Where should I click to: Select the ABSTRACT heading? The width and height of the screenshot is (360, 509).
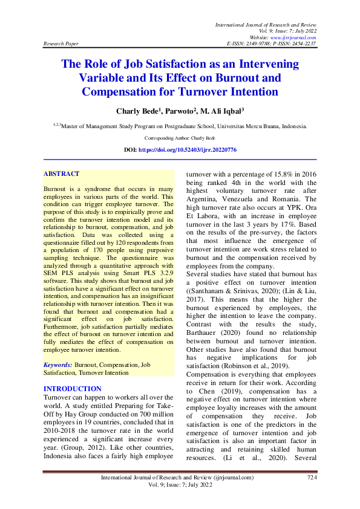(x=62, y=173)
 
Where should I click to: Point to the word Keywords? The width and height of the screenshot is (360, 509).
(x=59, y=366)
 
